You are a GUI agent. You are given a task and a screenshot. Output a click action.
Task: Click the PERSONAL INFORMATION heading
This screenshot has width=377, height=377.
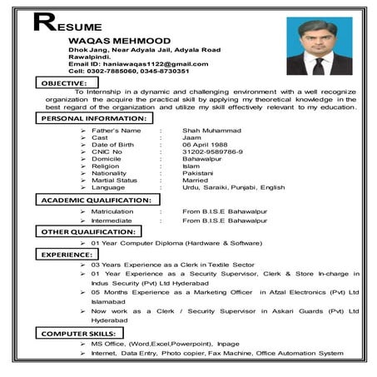(x=93, y=119)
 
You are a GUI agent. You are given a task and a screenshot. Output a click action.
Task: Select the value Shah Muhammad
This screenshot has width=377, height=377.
(x=211, y=131)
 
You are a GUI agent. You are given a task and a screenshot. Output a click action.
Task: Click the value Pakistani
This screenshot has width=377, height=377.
(x=199, y=172)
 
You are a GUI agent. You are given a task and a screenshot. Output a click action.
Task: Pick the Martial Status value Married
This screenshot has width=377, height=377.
(x=196, y=180)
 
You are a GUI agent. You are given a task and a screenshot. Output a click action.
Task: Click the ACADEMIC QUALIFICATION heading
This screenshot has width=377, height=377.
(x=96, y=201)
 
